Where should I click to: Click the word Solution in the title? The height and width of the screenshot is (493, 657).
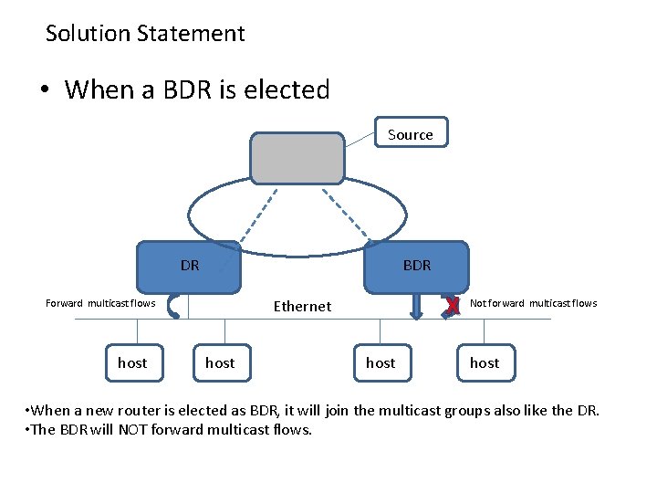coord(89,34)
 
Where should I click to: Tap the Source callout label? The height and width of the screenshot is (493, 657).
coord(411,134)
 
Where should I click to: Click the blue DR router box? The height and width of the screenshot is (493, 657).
coord(189,266)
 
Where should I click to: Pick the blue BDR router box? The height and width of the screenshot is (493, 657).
coord(417,266)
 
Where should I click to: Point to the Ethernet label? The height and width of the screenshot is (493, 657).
coord(302,306)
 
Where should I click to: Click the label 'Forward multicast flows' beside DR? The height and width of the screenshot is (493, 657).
coord(100,303)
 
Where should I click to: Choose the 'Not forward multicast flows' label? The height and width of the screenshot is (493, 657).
coord(533,303)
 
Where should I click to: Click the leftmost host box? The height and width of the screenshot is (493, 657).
coord(132,363)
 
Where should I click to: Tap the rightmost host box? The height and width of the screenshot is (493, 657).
coord(484,363)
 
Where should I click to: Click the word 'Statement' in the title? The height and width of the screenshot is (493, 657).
coord(192,34)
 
